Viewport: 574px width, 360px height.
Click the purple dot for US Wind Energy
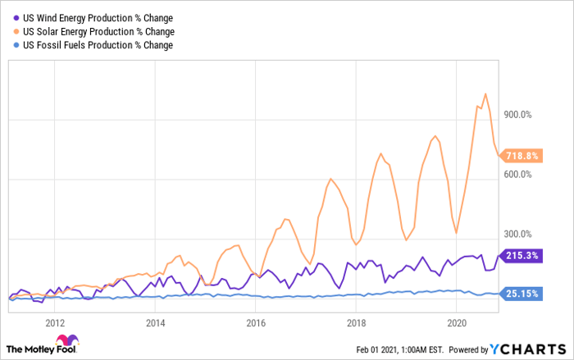click(16, 18)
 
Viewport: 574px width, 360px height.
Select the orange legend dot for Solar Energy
click(16, 31)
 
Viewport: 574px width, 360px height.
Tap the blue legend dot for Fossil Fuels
click(16, 45)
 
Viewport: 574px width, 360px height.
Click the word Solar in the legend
click(47, 32)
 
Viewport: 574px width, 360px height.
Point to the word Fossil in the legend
click(48, 45)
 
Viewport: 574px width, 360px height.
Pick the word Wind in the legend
click(47, 18)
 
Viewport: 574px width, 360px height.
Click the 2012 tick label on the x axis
click(55, 323)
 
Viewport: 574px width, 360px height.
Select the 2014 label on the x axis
click(155, 323)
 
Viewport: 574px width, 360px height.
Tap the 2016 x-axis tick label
click(256, 323)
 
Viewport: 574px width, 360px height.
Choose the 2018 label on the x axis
click(356, 323)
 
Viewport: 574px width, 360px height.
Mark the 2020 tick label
click(457, 323)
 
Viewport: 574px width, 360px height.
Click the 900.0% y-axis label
click(517, 115)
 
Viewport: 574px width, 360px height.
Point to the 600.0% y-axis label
click(517, 175)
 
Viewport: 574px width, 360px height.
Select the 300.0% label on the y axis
click(517, 234)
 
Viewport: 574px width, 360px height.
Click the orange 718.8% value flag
click(521, 156)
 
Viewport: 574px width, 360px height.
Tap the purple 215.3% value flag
click(521, 256)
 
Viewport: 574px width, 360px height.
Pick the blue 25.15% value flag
click(521, 294)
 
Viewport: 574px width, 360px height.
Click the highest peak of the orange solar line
click(485, 93)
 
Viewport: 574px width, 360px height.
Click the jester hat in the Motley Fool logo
click(67, 340)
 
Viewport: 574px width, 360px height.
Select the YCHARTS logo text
click(528, 349)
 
